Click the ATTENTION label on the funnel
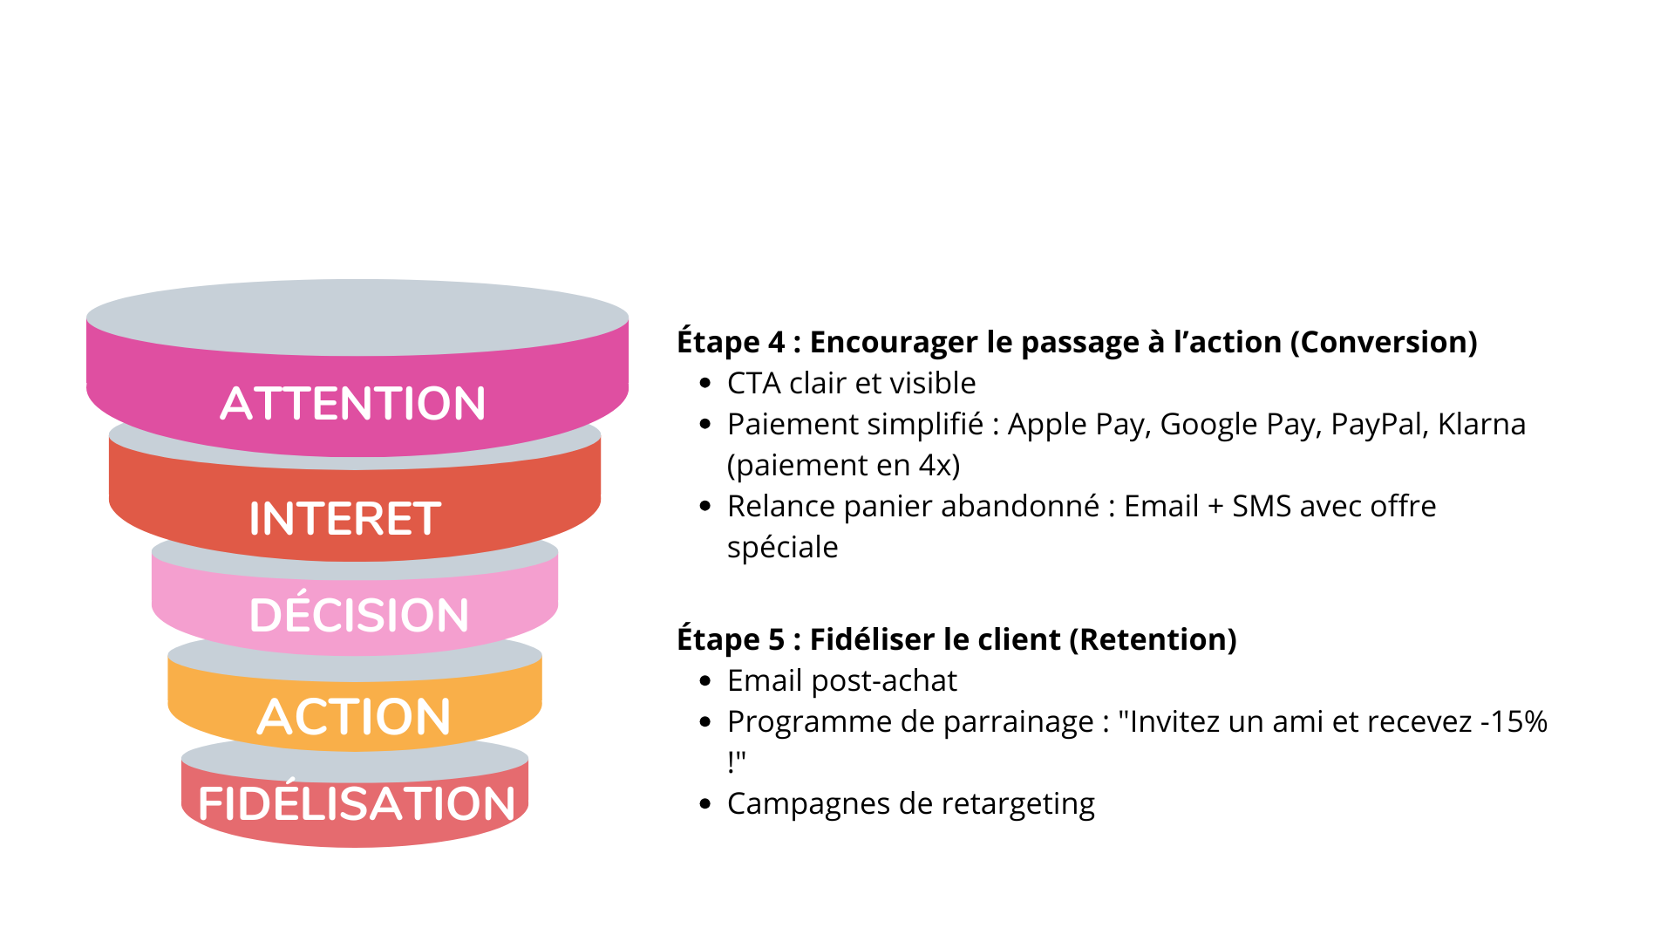pyautogui.click(x=352, y=404)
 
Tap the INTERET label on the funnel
pyautogui.click(x=345, y=519)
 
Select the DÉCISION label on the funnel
pyautogui.click(x=358, y=615)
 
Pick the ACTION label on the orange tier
pyautogui.click(x=354, y=717)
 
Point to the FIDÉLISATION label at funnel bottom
pyautogui.click(x=357, y=803)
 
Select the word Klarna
pyautogui.click(x=1481, y=424)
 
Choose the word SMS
pyautogui.click(x=1261, y=506)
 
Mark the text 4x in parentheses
pyautogui.click(x=935, y=465)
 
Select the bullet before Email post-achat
pyautogui.click(x=705, y=681)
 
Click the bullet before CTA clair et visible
pyautogui.click(x=705, y=384)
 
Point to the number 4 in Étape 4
pyautogui.click(x=776, y=342)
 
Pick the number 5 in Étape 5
pyautogui.click(x=776, y=639)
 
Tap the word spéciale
pyautogui.click(x=782, y=548)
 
